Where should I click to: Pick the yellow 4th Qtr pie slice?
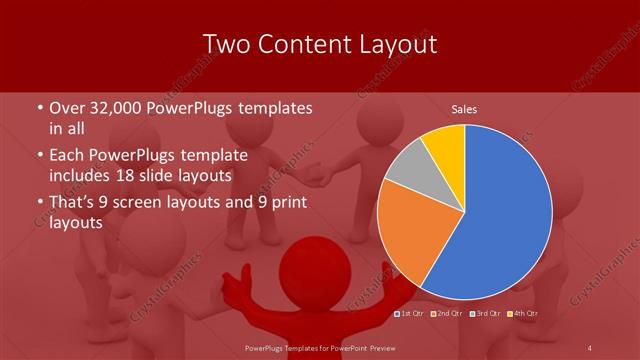pyautogui.click(x=444, y=144)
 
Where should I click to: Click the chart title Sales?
pyautogui.click(x=464, y=108)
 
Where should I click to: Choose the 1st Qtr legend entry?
pyautogui.click(x=412, y=313)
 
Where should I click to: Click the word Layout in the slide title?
pyautogui.click(x=390, y=45)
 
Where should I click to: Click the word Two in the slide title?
pyautogui.click(x=229, y=45)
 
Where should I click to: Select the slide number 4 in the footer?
pyautogui.click(x=590, y=347)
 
